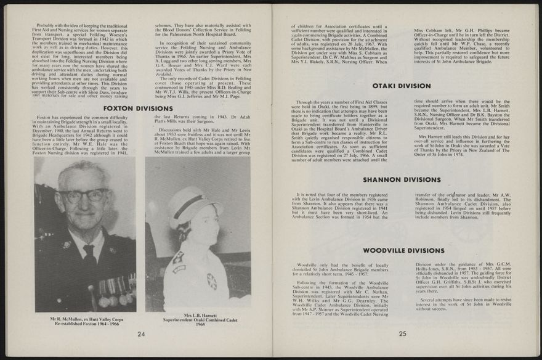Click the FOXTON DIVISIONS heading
point(137,108)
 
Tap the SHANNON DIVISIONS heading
point(403,179)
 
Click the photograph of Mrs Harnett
point(197,234)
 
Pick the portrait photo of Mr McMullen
point(85,234)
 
